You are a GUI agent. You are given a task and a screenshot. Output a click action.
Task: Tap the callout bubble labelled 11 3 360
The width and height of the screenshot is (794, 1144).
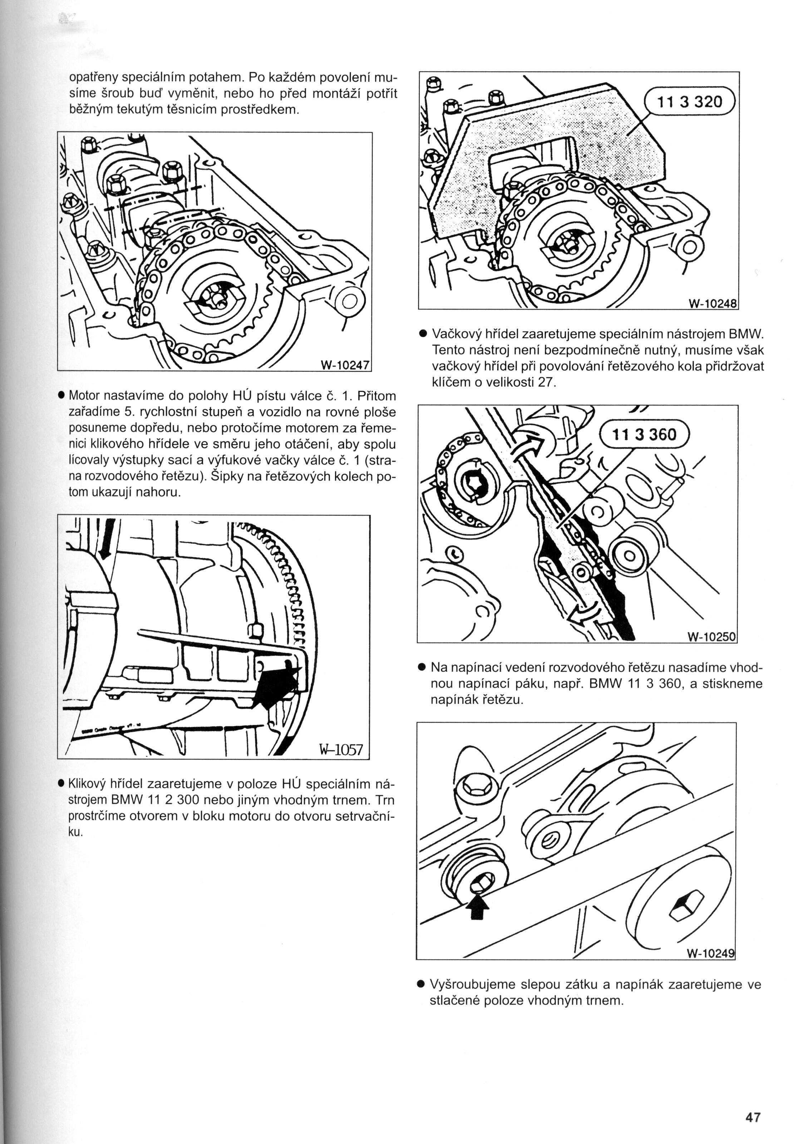(644, 434)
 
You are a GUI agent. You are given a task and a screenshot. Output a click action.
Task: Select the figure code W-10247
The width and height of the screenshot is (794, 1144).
(345, 364)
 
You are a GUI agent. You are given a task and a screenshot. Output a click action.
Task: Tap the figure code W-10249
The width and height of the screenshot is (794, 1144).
(710, 953)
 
